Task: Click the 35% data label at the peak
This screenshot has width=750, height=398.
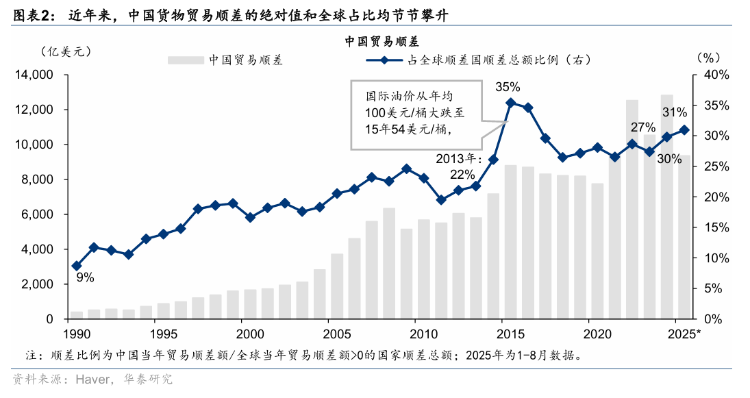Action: tap(508, 87)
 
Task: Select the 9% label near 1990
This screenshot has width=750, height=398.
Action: tap(85, 277)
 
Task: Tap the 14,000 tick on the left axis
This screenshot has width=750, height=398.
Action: tap(35, 75)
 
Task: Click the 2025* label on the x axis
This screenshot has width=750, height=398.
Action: tap(686, 334)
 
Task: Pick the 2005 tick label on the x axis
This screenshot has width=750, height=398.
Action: tap(336, 334)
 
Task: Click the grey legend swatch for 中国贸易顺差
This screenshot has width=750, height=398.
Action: tap(186, 60)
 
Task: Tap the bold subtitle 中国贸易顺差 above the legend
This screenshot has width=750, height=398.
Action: tap(382, 42)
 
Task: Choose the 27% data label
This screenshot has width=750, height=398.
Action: tap(643, 127)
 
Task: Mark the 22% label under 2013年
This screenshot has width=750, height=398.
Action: tap(463, 173)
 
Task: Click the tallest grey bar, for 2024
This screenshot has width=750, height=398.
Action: tap(666, 206)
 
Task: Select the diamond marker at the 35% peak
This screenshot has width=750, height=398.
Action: tap(510, 103)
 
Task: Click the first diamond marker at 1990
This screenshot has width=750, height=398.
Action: tap(77, 266)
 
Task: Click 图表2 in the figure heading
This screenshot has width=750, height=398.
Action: tap(31, 15)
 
